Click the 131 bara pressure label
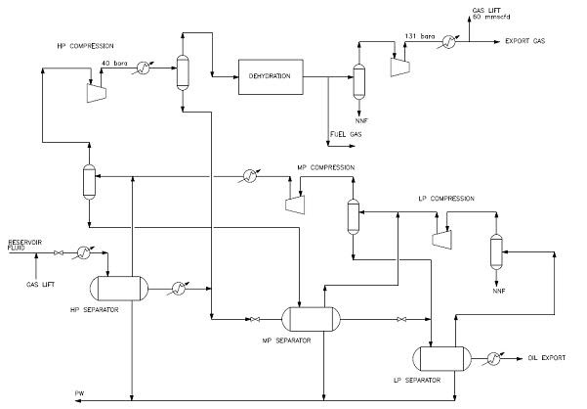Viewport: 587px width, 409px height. pyautogui.click(x=418, y=37)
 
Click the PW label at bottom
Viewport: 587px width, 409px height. pyautogui.click(x=79, y=393)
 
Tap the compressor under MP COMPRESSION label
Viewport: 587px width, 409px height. pyautogui.click(x=292, y=202)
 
